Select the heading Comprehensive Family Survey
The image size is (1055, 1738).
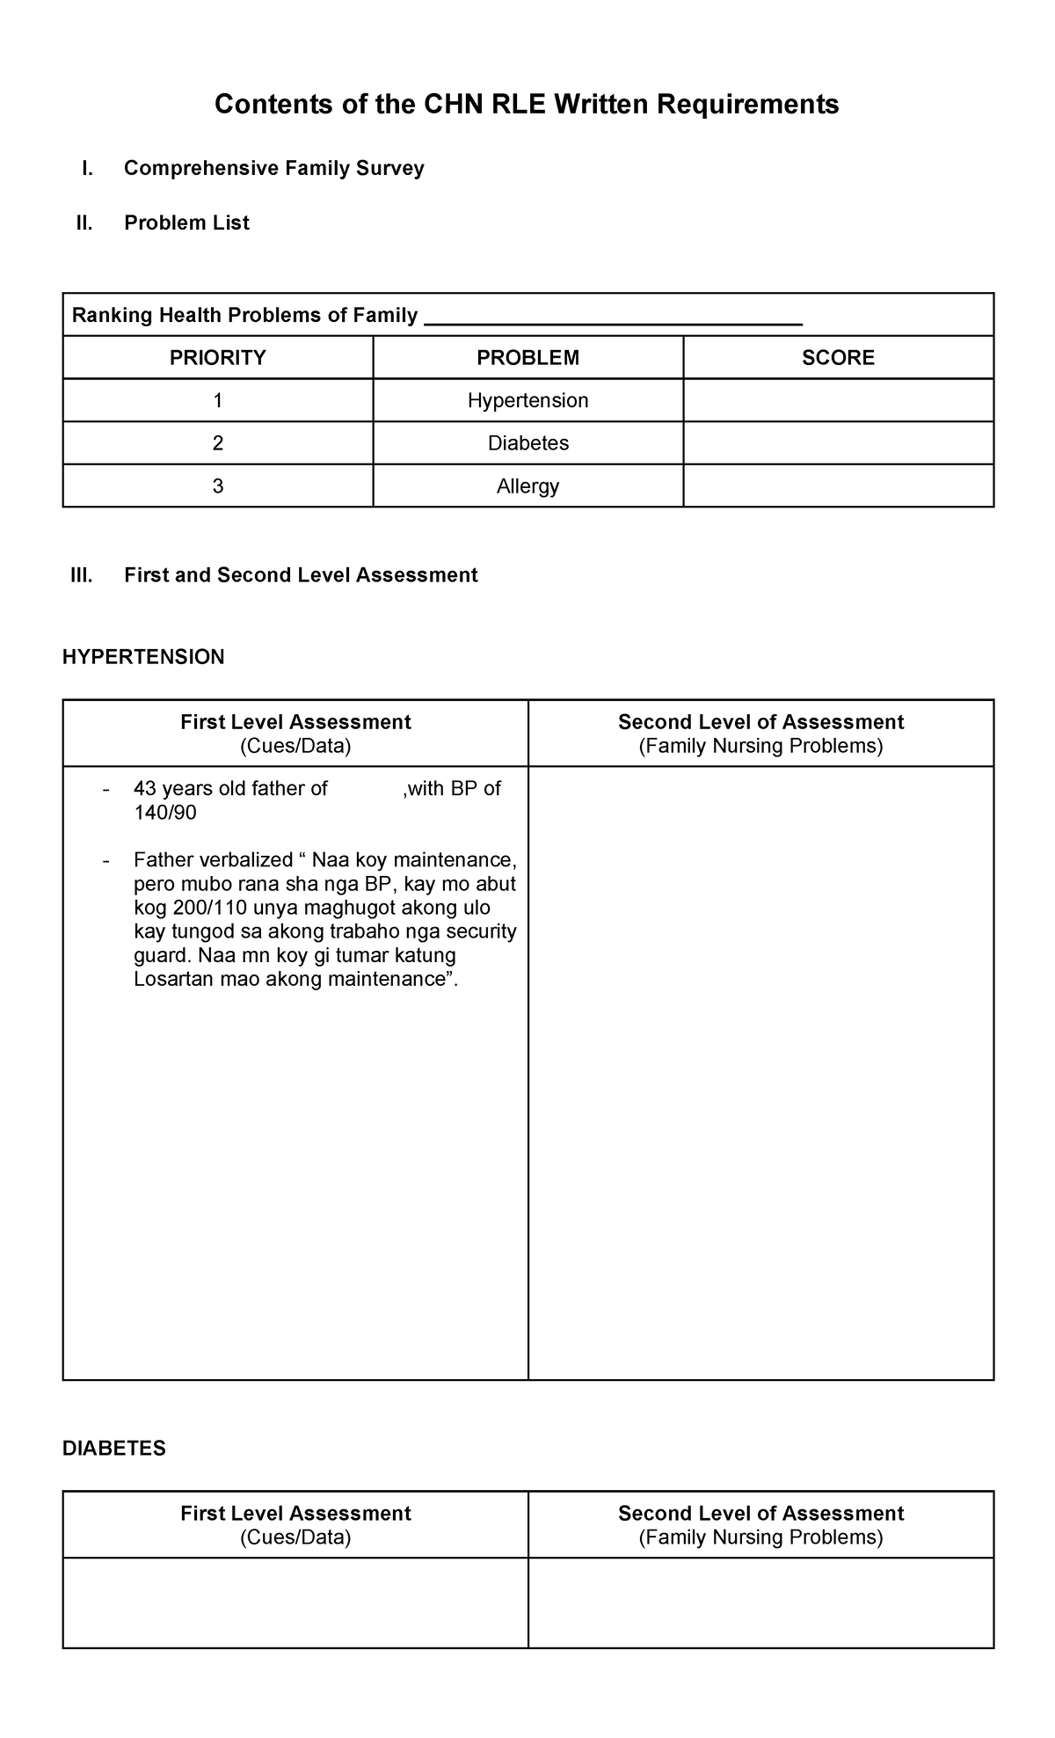(x=273, y=168)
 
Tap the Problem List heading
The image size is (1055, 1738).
(x=186, y=223)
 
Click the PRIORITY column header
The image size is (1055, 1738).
(x=217, y=358)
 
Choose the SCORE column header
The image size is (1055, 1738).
(x=838, y=358)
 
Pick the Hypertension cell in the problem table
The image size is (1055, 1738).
(x=527, y=401)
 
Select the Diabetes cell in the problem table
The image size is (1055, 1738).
(x=527, y=443)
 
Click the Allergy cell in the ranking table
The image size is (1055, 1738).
(x=527, y=486)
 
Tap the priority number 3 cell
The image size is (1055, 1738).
(x=217, y=486)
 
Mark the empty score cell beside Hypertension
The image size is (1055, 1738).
(x=838, y=401)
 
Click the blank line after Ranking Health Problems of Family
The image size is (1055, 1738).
(x=613, y=318)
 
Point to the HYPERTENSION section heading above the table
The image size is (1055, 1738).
(x=143, y=657)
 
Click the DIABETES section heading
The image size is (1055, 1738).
(x=113, y=1449)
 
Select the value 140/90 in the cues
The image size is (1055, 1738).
(x=164, y=813)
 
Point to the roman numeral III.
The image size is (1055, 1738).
(x=81, y=575)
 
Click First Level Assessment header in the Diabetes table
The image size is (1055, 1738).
(x=295, y=1514)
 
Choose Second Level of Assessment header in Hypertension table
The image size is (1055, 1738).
(x=760, y=722)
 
